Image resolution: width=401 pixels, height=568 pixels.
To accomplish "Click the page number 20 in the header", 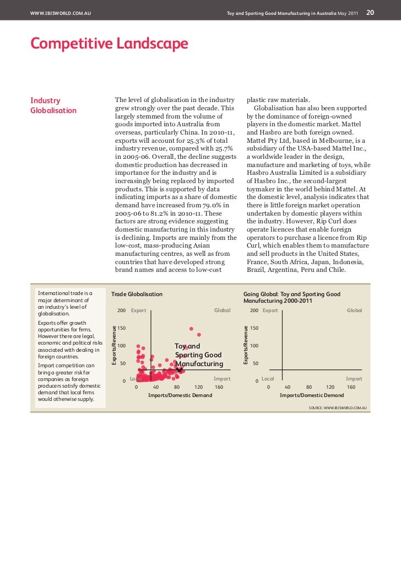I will pos(371,12).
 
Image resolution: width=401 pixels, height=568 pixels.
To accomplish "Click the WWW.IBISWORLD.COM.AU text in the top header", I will pos(61,13).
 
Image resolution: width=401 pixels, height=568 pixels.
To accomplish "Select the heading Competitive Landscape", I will pos(109,44).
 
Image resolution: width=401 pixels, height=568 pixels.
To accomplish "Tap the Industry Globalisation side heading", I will pos(53,105).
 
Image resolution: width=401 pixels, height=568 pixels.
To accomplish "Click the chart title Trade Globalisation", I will pos(137,294).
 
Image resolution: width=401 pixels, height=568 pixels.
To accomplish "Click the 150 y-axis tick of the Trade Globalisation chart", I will pos(122,328).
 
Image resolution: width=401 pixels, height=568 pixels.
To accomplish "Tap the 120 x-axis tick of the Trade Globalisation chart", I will pos(199,387).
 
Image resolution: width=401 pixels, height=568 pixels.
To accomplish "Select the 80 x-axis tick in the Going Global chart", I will pos(309,387).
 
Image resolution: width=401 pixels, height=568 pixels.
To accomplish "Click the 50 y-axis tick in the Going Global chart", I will pos(256,363).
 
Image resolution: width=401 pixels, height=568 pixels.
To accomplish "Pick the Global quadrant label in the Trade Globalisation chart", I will pos(222,310).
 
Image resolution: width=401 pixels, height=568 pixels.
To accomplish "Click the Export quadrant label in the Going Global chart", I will pos(270,310).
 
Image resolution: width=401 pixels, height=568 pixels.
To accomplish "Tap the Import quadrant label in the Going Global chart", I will pos(354,379).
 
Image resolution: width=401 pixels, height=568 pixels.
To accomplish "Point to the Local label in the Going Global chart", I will pos(268,379).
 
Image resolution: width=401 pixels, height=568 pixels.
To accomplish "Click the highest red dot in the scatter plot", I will pos(192,329).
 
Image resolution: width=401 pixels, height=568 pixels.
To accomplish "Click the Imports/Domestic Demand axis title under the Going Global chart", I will pos(312,395).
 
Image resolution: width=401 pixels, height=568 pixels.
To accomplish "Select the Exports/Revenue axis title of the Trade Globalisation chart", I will pos(114,345).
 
